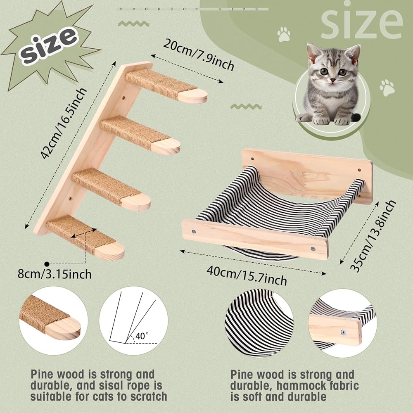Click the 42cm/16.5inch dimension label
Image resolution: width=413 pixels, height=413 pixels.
[x=64, y=123]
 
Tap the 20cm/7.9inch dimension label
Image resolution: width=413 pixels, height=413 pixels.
[x=199, y=55]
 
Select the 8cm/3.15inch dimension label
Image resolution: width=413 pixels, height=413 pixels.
[x=55, y=274]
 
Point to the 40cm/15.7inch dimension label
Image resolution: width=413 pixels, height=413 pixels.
[x=247, y=275]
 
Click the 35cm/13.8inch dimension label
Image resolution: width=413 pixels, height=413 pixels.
[x=373, y=235]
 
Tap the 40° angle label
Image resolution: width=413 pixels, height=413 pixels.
[x=142, y=336]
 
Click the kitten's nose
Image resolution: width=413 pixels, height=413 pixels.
[x=333, y=80]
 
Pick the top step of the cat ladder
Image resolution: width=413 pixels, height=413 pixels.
[x=166, y=87]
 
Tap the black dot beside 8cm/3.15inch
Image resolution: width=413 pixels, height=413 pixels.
[x=47, y=263]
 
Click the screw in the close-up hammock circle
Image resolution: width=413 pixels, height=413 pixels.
[x=343, y=332]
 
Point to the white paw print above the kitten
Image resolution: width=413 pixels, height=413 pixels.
[x=284, y=34]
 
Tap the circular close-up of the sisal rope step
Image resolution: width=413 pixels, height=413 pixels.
[x=53, y=320]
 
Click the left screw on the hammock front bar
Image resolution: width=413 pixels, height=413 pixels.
[x=194, y=232]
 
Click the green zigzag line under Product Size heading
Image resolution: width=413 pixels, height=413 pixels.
[x=133, y=24]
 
